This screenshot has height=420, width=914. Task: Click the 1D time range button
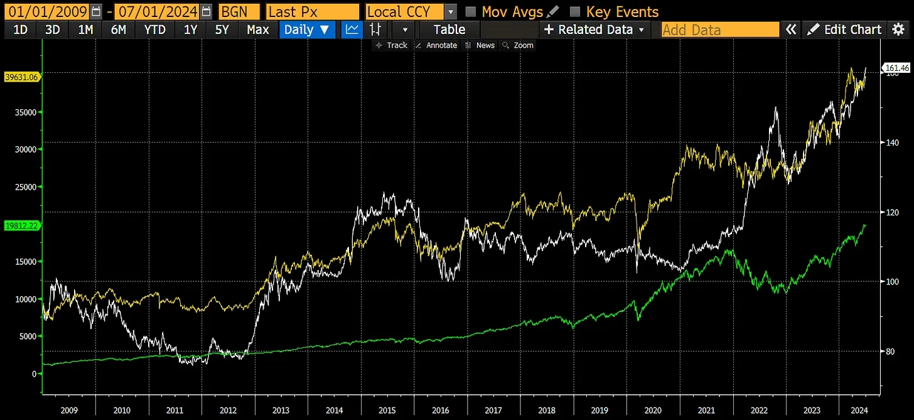tap(20, 30)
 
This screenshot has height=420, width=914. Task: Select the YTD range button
tap(155, 30)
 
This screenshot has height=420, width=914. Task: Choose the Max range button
tap(257, 30)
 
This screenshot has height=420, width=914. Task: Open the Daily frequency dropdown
tap(306, 30)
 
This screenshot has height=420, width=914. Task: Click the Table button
tap(449, 30)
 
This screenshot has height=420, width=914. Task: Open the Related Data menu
tap(594, 30)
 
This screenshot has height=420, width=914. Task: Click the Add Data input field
tap(719, 30)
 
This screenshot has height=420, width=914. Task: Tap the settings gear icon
tap(898, 30)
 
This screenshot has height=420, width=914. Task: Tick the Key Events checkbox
tap(574, 12)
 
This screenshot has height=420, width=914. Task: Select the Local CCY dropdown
tap(411, 12)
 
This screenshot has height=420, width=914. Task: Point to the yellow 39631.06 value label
tap(22, 77)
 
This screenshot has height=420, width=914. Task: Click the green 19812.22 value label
tap(22, 225)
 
